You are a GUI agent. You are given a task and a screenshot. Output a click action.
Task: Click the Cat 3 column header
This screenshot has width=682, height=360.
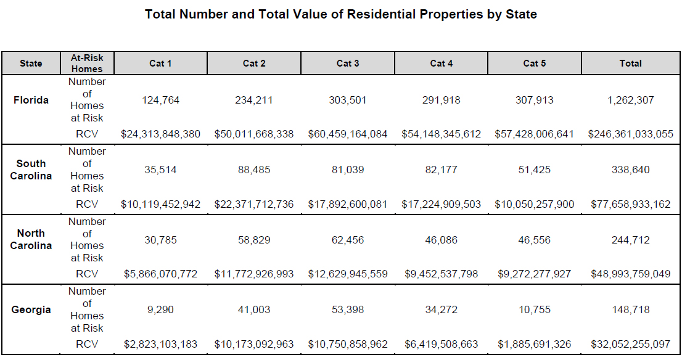pos(348,63)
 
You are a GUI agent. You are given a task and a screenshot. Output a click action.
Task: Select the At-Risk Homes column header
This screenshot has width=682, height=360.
pos(87,63)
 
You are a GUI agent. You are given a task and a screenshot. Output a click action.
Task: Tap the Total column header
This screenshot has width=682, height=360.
pos(630,63)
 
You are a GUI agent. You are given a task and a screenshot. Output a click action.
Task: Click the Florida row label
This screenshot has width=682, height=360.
pos(31,100)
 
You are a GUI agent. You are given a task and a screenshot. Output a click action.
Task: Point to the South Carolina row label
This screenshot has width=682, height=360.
pos(31,170)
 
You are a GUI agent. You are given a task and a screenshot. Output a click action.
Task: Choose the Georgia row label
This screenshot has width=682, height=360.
pos(31,309)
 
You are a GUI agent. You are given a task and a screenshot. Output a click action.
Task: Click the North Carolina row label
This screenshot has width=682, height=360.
pos(31,239)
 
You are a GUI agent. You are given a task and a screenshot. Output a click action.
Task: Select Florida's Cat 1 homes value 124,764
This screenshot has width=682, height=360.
pos(160,100)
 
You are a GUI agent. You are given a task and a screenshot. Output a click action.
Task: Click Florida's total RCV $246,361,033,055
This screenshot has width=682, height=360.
pos(630,134)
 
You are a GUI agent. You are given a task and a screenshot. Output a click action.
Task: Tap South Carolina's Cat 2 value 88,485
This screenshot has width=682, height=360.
pos(254,170)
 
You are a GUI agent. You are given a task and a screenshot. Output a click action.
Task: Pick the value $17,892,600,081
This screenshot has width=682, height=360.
pos(348,204)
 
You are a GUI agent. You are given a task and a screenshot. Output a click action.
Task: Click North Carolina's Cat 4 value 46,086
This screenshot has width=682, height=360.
pos(441,240)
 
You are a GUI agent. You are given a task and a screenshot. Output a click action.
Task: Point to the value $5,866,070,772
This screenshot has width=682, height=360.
pos(160,274)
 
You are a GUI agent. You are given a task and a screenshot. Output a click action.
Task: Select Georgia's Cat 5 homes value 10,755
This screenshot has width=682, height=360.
pos(534,309)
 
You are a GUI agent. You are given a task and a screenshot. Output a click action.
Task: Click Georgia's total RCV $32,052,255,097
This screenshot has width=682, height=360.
pos(630,344)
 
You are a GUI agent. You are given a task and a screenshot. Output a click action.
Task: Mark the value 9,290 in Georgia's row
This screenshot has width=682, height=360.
pos(160,309)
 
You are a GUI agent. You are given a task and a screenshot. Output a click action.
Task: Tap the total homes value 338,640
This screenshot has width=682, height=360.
pos(630,170)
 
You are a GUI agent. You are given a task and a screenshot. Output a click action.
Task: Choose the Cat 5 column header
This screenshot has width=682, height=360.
pos(534,63)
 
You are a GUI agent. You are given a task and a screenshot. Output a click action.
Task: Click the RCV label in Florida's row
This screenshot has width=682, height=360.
pos(87,134)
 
